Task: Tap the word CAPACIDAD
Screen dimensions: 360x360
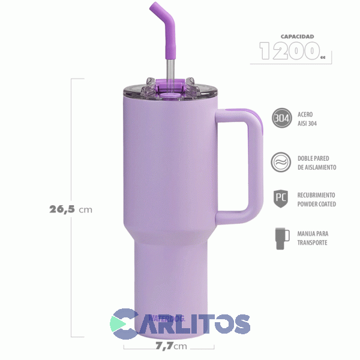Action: (x=293, y=36)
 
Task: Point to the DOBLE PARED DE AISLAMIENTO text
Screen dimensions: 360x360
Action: (x=316, y=163)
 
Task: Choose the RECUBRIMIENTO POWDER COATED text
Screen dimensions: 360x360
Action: (x=317, y=200)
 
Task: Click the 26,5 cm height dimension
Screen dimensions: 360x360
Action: (x=70, y=209)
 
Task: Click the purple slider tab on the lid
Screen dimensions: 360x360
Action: (x=170, y=89)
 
